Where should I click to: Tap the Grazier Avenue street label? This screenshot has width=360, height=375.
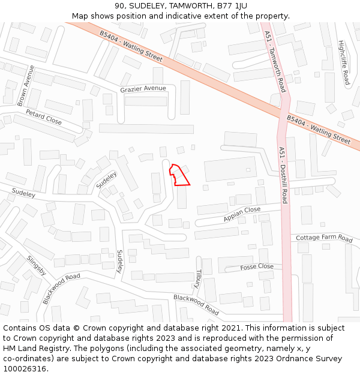[x=143, y=89]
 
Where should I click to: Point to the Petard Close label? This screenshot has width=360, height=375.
[x=44, y=117]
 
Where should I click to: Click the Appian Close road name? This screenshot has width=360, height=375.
[x=242, y=214]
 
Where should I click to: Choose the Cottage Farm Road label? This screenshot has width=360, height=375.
[x=324, y=238]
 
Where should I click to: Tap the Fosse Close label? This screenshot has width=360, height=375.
[x=257, y=266]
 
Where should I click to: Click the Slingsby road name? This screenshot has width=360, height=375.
[x=37, y=265]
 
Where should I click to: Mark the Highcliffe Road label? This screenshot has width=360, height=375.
[x=343, y=62]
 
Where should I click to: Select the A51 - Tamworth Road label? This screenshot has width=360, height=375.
[x=274, y=61]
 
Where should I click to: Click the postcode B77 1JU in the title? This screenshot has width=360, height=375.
[x=232, y=6]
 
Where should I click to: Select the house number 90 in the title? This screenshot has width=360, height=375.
[x=119, y=6]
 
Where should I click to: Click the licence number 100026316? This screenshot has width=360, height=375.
[x=25, y=369]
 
